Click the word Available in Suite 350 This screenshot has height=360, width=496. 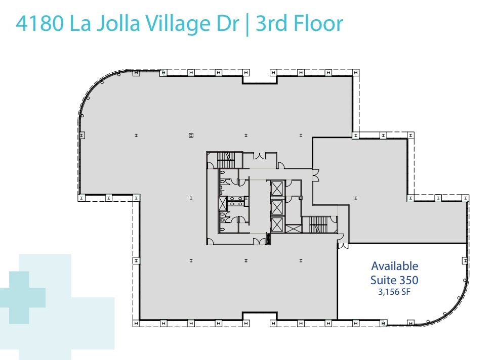pos(395,266)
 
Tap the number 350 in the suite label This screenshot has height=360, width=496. pos(408,279)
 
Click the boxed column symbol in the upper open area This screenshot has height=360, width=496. pos(191,135)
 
